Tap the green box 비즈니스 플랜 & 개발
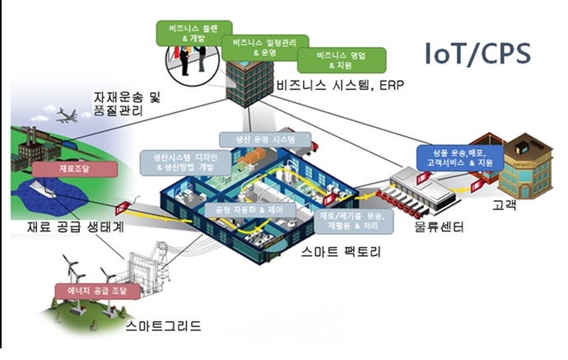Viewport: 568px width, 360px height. coord(188,30)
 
